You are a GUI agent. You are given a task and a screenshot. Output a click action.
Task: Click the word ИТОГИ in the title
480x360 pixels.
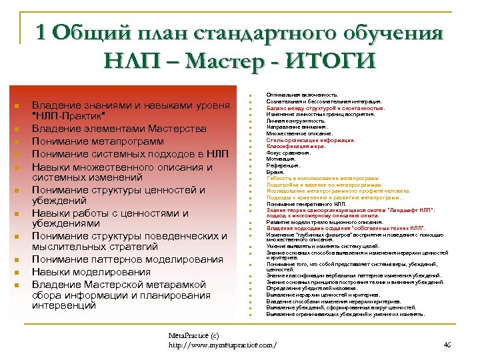pyautogui.click(x=331, y=61)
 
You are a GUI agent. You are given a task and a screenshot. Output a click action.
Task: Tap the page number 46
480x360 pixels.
pyautogui.click(x=447, y=345)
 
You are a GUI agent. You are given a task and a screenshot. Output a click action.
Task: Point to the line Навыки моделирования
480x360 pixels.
pyautogui.click(x=91, y=272)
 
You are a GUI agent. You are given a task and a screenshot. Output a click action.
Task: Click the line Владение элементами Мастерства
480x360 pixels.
pyautogui.click(x=119, y=129)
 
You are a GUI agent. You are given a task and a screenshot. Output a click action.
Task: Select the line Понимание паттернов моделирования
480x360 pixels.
pyautogui.click(x=127, y=260)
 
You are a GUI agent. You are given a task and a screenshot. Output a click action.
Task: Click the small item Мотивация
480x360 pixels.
pyautogui.click(x=281, y=159)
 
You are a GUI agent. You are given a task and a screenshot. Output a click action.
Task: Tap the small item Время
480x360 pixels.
pyautogui.click(x=275, y=171)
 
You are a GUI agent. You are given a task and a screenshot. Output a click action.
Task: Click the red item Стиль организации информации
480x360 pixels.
pyautogui.click(x=311, y=140)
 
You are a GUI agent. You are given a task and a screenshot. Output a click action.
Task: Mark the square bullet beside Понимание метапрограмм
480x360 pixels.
pyautogui.click(x=15, y=142)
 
